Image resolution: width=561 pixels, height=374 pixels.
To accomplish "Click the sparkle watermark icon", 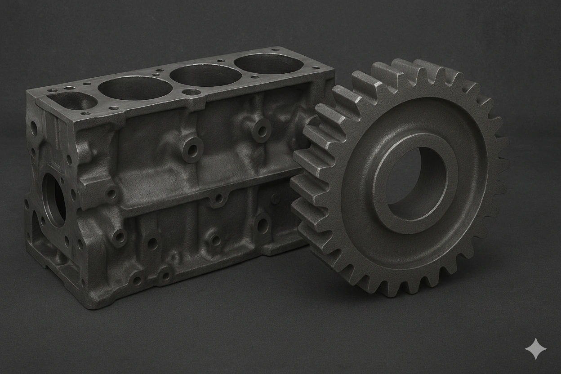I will coord(536,349).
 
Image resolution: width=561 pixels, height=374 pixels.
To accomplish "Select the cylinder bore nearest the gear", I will coord(268,63).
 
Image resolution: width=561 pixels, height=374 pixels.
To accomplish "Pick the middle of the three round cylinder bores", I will coord(205,75).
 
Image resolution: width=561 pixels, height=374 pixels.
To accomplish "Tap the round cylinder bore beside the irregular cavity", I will coord(135,88).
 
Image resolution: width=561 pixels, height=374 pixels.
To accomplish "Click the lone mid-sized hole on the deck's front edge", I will coord(191,92).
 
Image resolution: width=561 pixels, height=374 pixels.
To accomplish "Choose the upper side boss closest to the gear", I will coord(261,130).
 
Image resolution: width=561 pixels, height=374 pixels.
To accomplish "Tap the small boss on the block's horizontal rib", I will coord(219,198).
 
